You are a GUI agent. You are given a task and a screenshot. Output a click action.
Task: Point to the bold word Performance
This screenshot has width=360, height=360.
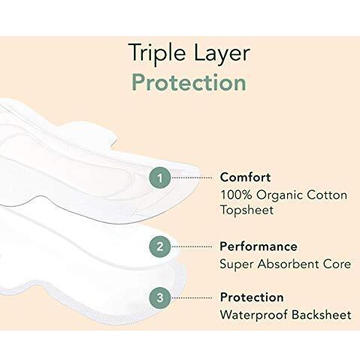259,246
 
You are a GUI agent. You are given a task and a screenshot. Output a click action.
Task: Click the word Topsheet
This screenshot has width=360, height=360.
245,211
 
